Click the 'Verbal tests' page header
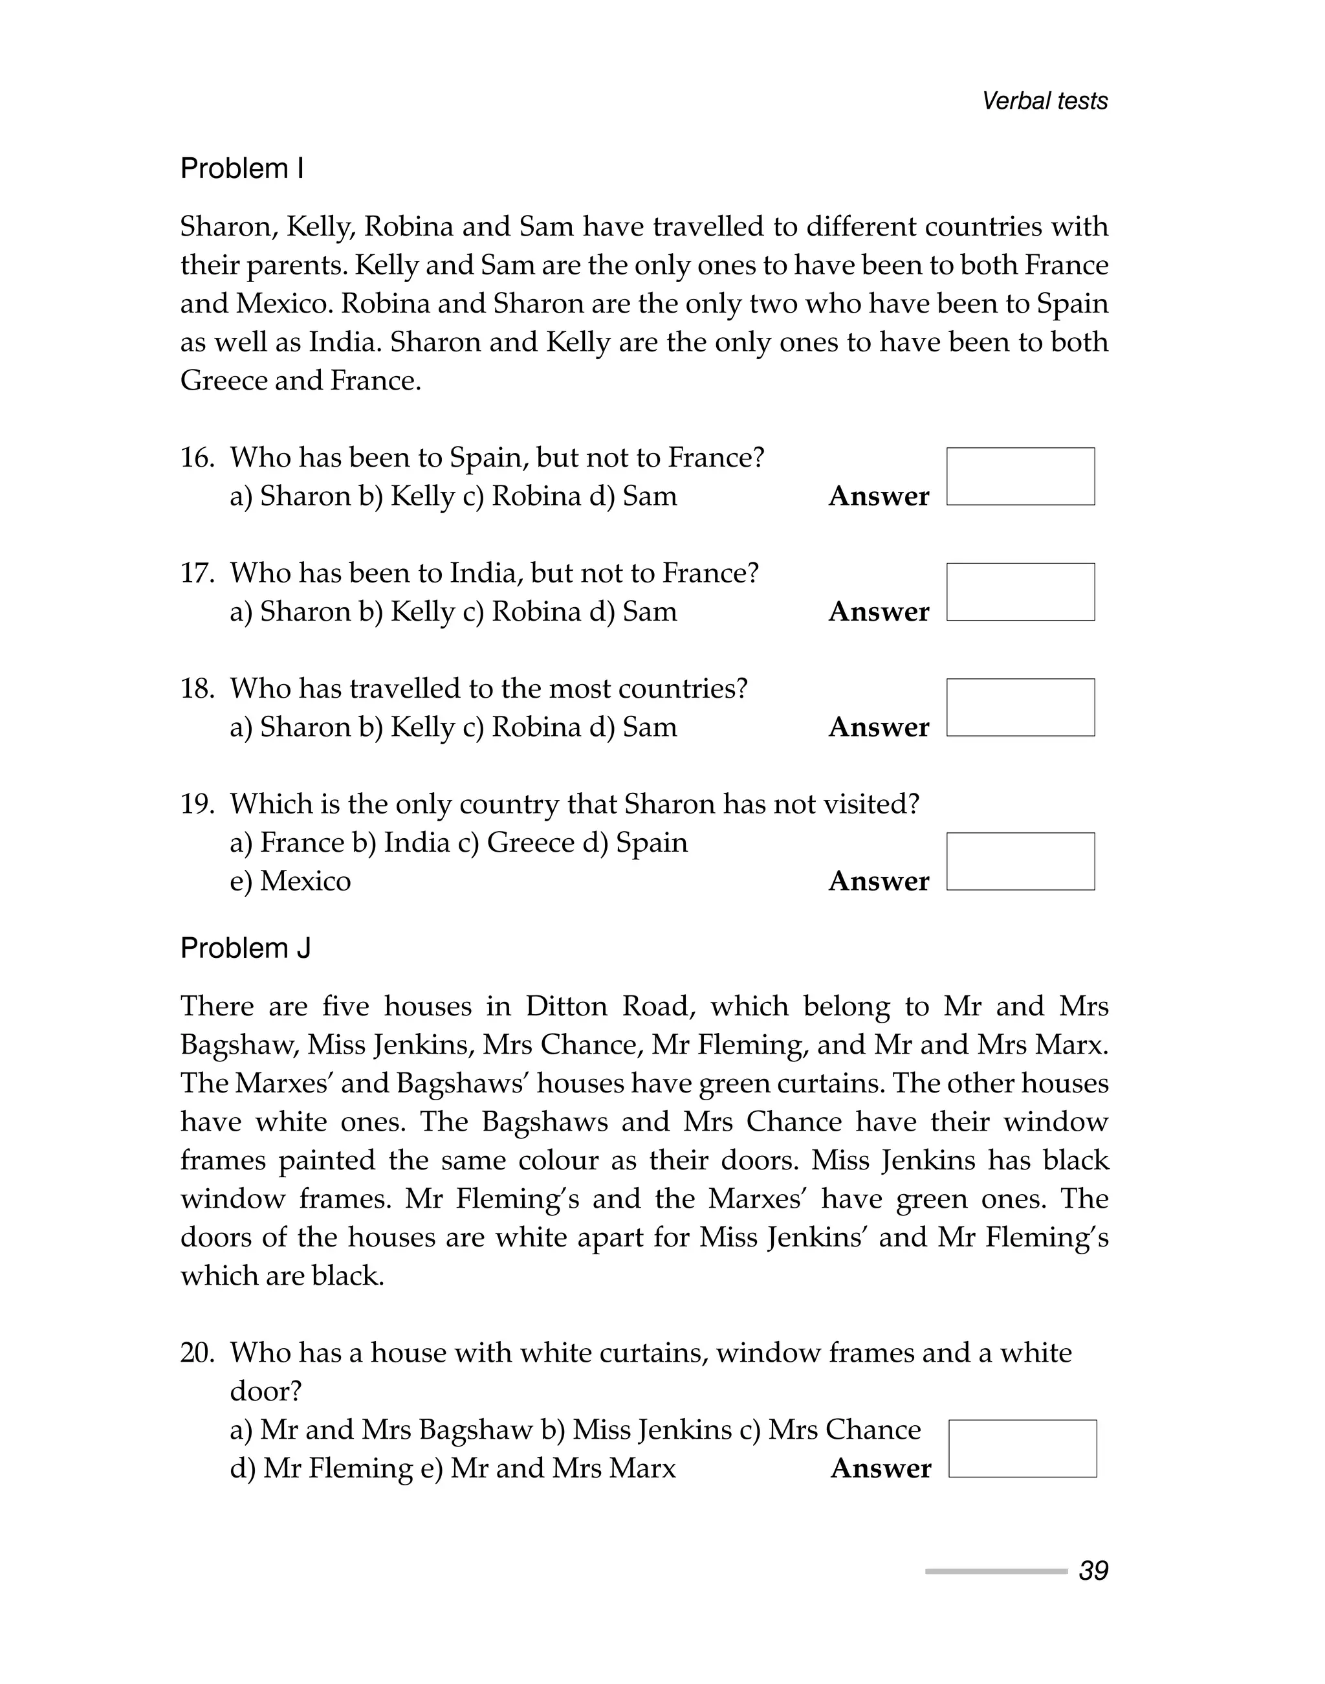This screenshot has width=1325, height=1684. pos(1044,101)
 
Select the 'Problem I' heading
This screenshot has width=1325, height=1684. pos(242,168)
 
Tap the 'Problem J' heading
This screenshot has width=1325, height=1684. pos(245,948)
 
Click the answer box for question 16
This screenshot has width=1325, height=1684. pos(1020,476)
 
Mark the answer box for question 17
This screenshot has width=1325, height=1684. pos(1020,592)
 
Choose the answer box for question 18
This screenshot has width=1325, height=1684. pos(1020,708)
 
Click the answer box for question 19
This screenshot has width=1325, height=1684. pos(1020,861)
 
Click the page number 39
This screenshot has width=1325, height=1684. pos(1093,1571)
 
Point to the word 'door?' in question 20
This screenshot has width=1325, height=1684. pos(265,1391)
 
